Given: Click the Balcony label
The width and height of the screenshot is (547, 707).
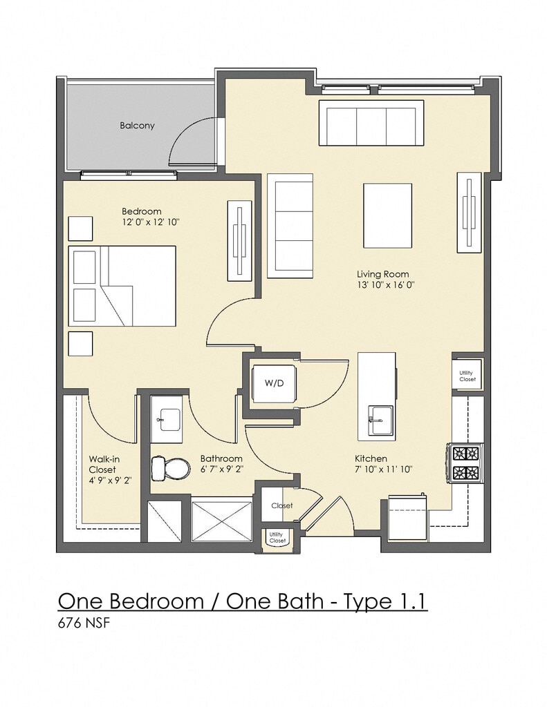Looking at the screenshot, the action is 137,126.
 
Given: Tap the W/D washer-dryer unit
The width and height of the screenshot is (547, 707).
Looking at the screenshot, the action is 274,383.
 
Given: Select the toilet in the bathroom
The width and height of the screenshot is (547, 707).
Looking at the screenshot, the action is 170,468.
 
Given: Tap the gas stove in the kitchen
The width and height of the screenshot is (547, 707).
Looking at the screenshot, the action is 465,463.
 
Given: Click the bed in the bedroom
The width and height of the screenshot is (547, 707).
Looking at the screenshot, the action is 122,285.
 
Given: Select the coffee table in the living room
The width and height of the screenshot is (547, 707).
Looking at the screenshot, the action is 387,215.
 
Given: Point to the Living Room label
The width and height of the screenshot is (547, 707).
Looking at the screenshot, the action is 382,273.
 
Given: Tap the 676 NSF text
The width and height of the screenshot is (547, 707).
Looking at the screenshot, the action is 84,623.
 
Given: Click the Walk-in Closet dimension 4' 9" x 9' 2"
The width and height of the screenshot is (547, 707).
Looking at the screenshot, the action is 110,481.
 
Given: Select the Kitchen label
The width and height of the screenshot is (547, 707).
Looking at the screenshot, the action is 371,458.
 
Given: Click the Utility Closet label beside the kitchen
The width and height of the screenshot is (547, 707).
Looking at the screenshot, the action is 467,376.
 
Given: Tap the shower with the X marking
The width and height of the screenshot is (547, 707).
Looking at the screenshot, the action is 221,521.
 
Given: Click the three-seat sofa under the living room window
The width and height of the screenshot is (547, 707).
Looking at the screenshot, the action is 371,123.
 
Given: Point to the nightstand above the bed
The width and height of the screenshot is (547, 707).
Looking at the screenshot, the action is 80,229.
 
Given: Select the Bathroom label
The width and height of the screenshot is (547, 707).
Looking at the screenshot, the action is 221,458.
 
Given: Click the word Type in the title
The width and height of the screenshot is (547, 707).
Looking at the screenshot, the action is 362,602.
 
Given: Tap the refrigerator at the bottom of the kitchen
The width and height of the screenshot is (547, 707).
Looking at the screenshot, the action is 408,517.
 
